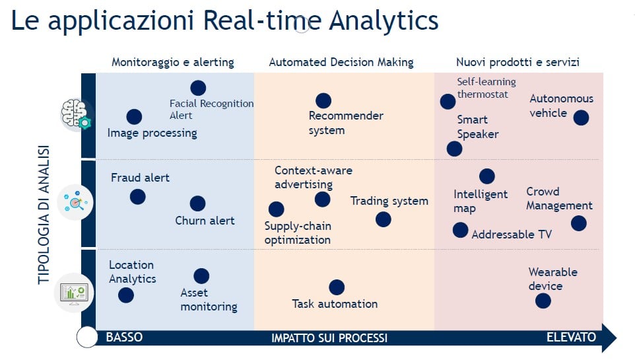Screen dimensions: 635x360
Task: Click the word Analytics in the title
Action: click(384, 21)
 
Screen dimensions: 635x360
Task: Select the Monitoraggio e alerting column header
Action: click(173, 63)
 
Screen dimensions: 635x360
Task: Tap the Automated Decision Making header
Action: click(341, 63)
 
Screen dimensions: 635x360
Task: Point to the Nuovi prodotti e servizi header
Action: click(518, 63)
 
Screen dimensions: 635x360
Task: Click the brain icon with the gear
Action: click(76, 114)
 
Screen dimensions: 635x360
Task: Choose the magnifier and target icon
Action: click(75, 202)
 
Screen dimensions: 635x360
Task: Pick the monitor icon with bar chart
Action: click(74, 293)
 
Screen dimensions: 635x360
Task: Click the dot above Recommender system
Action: click(323, 100)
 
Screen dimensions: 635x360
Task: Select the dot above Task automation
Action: click(337, 287)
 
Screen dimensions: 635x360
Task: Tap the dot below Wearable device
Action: click(543, 301)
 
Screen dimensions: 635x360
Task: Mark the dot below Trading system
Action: click(383, 219)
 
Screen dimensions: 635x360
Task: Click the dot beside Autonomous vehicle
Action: click(581, 118)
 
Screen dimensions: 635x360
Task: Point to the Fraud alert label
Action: click(140, 178)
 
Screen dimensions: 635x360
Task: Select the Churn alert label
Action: click(205, 221)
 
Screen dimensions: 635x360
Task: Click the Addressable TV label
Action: click(512, 234)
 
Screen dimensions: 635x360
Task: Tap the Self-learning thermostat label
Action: click(486, 88)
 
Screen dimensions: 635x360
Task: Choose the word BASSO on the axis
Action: click(124, 338)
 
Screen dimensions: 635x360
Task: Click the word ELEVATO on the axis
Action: click(571, 338)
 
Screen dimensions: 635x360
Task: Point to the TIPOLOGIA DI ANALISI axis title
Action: click(44, 215)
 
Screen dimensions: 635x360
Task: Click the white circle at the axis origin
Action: click(87, 337)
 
